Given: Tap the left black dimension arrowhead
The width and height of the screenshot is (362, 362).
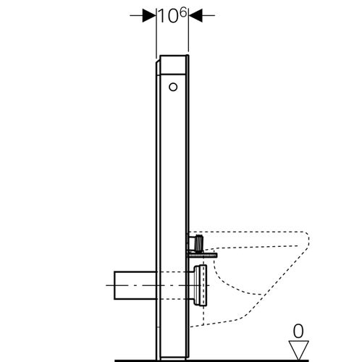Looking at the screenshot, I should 149,15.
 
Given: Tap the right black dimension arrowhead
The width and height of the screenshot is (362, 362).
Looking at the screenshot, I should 195,15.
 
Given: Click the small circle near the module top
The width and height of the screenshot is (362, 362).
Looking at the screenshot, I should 172,88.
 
